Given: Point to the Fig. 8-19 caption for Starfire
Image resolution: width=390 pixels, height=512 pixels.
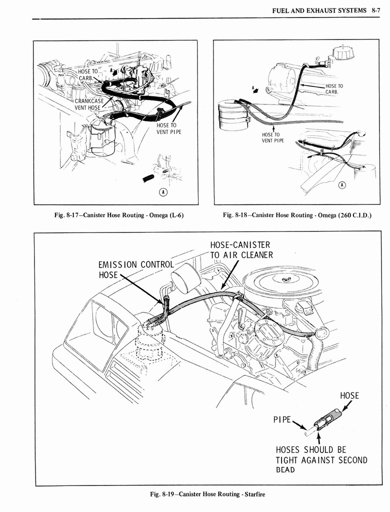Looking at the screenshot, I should click(x=207, y=494).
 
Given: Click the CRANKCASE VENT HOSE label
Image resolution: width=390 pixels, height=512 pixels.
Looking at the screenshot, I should click(x=88, y=103).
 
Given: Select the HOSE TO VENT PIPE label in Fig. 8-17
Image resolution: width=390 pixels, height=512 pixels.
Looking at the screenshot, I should click(x=168, y=128).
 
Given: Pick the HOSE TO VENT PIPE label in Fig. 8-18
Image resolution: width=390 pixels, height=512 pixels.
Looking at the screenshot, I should click(x=273, y=137).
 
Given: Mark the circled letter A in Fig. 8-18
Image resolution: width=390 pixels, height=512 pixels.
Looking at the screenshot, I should click(x=342, y=185).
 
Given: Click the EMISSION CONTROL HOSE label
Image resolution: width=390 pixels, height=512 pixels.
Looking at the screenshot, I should click(x=135, y=269).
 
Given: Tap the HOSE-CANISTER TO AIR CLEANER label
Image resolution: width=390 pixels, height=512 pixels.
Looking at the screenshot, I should click(x=241, y=250).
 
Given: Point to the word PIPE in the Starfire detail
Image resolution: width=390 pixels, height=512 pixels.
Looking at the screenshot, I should click(x=281, y=418).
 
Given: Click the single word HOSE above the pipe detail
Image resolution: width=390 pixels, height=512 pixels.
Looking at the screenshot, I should click(x=349, y=395).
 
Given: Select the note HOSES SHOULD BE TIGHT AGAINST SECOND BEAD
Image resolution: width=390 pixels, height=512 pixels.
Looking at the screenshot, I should click(x=321, y=459).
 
